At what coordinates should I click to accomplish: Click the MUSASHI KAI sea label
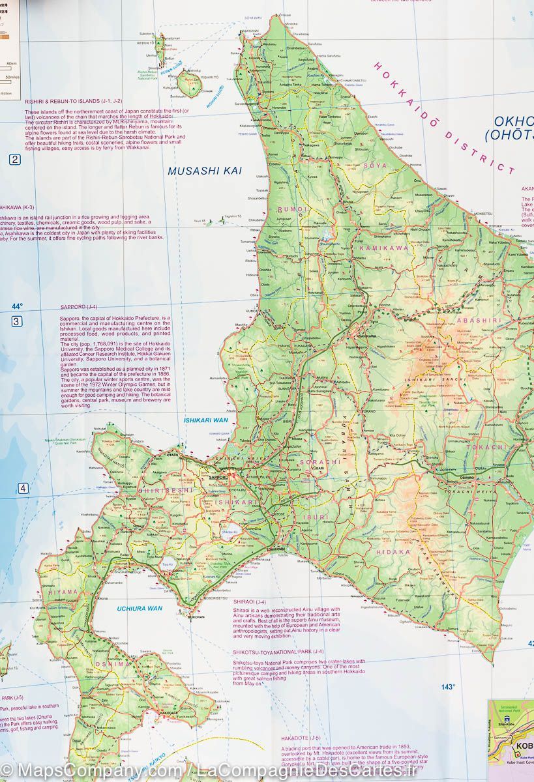[196, 171]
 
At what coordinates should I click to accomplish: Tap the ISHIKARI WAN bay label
[203, 420]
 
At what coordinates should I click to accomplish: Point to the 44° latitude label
[17, 306]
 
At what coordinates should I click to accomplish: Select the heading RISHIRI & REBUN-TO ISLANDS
[82, 102]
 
